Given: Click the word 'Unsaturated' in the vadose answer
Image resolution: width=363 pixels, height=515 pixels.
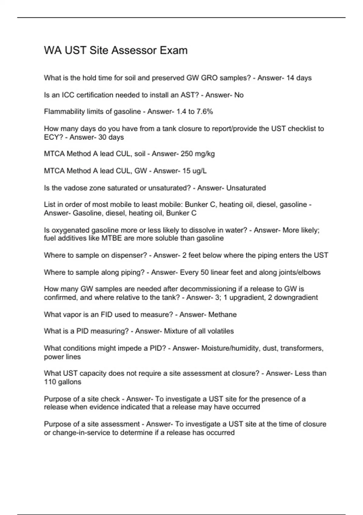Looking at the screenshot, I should (246, 188).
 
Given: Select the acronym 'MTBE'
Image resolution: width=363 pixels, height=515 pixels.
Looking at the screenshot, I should (112, 238).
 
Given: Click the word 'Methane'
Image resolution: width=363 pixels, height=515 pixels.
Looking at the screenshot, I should (222, 314).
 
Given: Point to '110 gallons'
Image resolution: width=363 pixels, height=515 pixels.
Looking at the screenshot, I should (63, 382).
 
